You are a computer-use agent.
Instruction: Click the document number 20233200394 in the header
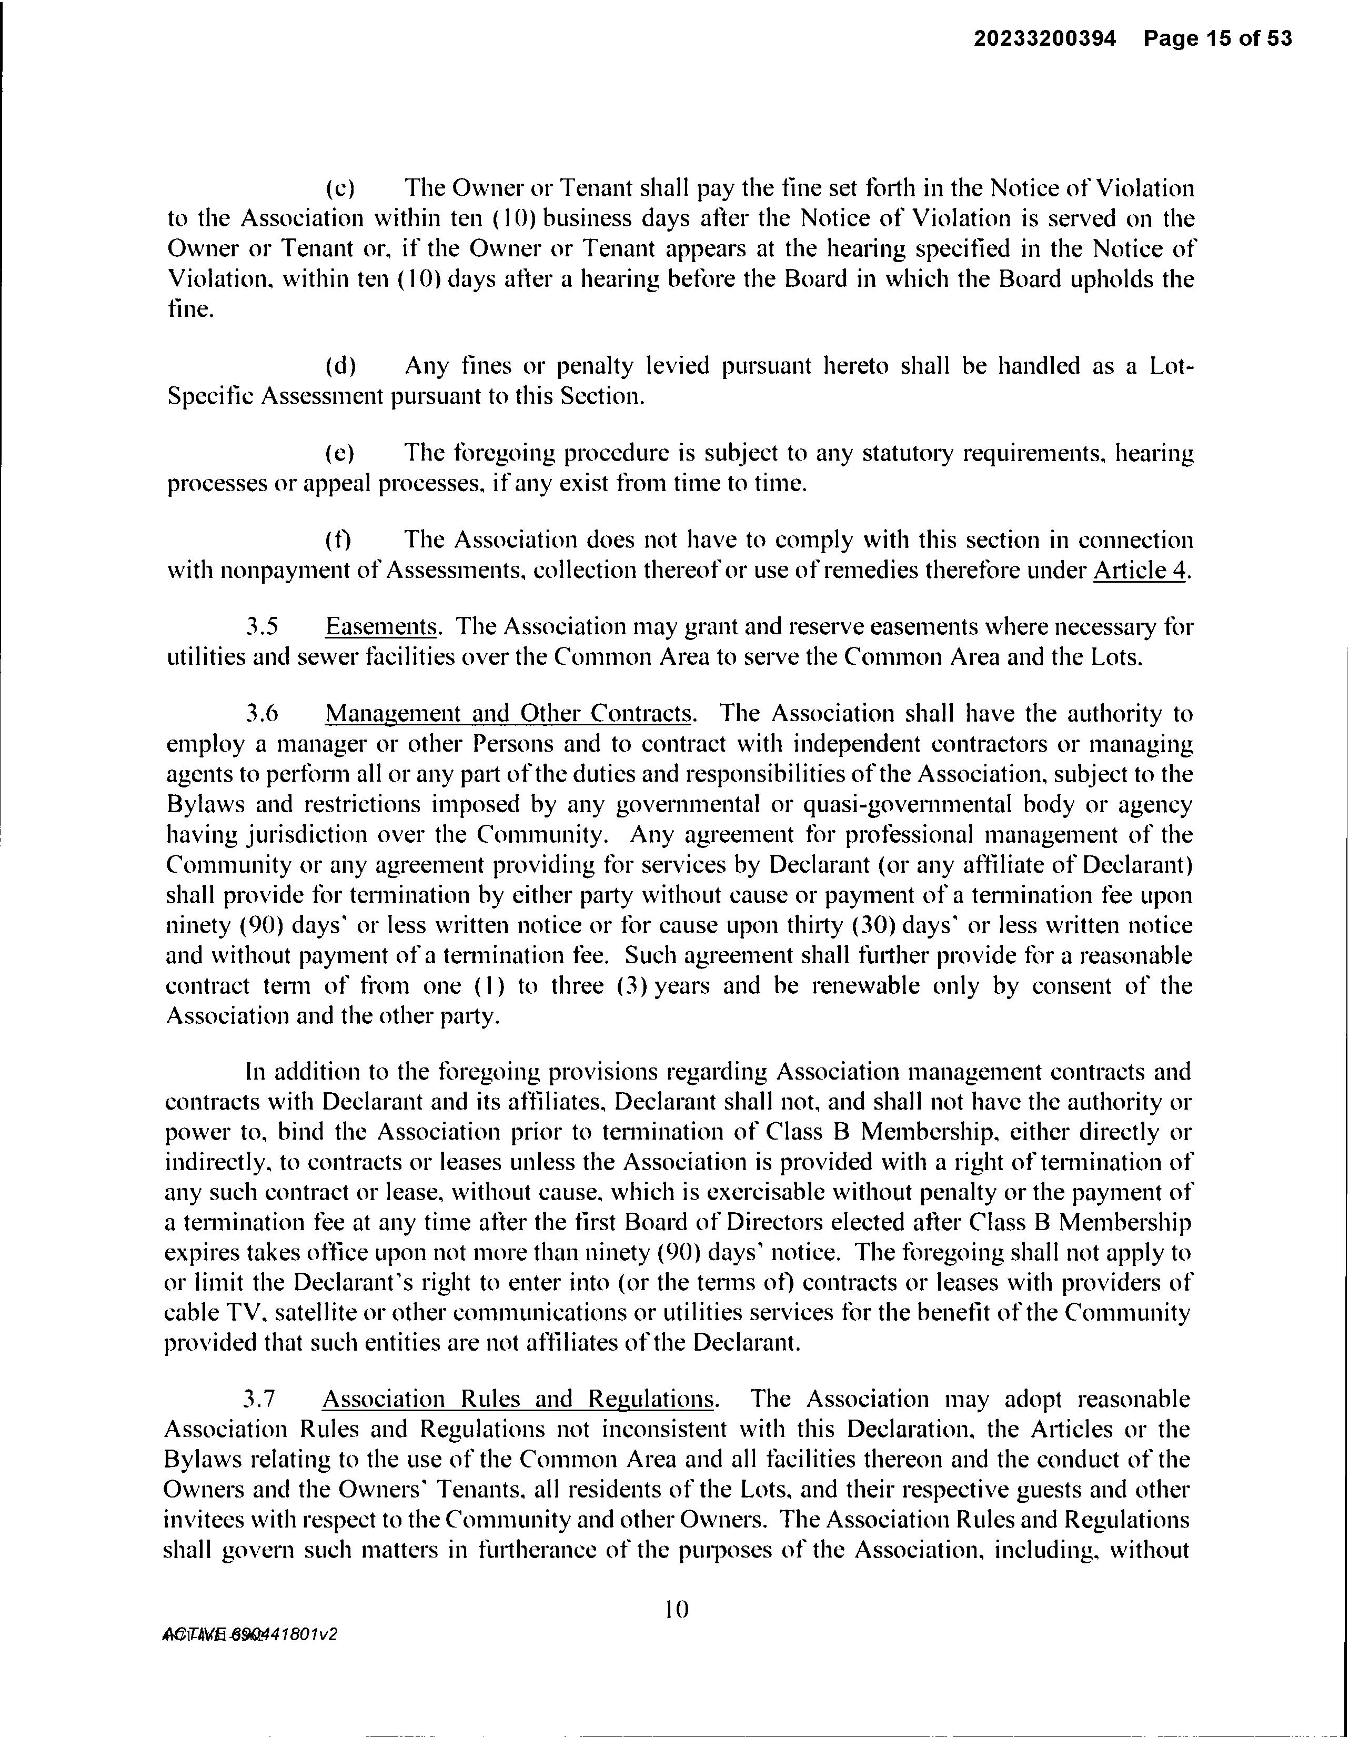click(x=1044, y=39)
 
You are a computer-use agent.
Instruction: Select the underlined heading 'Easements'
click(x=381, y=627)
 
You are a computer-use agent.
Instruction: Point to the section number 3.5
click(x=261, y=627)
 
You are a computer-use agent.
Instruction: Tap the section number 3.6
click(x=261, y=714)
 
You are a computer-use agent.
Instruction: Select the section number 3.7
click(x=260, y=1399)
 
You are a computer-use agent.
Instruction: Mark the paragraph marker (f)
click(x=339, y=541)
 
